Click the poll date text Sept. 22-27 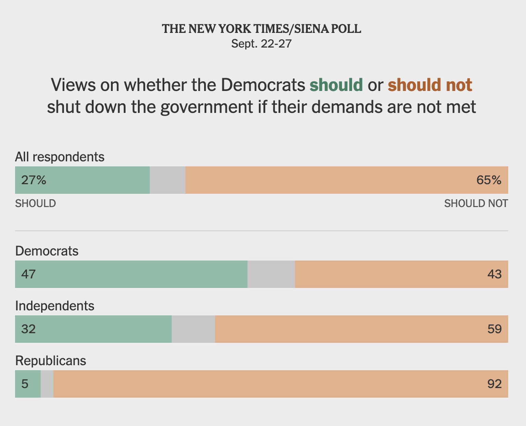[x=261, y=44]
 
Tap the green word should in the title [x=336, y=85]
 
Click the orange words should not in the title [x=430, y=85]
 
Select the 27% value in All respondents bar [x=34, y=180]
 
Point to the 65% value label [x=489, y=180]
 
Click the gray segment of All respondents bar [x=167, y=180]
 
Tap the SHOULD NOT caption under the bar [x=476, y=204]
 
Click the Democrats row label [x=47, y=251]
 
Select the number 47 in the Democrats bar [x=28, y=274]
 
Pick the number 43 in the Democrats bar [x=494, y=274]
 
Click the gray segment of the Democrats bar [x=271, y=274]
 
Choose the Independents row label [x=55, y=306]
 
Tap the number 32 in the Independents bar [x=28, y=329]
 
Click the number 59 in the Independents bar [x=494, y=329]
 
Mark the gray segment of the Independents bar [x=193, y=329]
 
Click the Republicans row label [x=51, y=361]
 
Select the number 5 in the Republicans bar [x=25, y=384]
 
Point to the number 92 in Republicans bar [x=494, y=384]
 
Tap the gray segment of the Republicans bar [x=47, y=384]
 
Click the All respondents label [x=60, y=157]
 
